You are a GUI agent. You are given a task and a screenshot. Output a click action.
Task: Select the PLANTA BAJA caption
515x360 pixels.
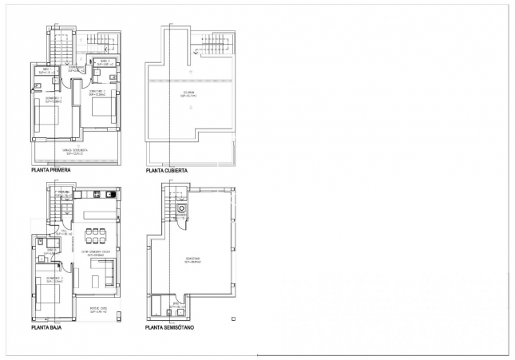point(47,327)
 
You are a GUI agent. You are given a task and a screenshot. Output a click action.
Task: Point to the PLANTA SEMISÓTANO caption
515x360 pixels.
point(169,327)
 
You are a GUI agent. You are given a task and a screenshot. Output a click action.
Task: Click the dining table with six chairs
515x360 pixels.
point(97,235)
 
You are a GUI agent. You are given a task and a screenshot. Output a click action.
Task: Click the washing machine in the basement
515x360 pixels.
point(182,209)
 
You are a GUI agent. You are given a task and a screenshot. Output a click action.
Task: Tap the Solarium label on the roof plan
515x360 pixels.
point(188,95)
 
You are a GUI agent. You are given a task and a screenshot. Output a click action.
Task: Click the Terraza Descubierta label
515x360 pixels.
point(76,152)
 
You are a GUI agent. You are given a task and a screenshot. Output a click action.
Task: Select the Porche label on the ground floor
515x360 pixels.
point(99,309)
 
